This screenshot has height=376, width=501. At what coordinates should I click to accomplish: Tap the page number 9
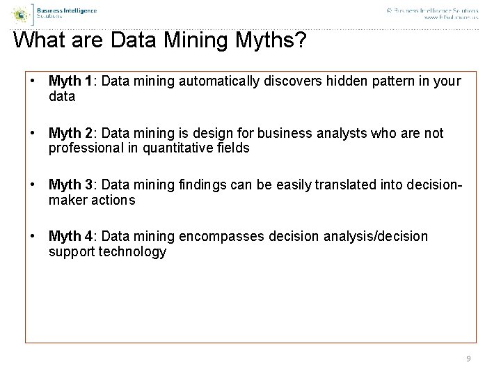468,359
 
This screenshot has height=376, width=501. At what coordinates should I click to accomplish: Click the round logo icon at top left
23,13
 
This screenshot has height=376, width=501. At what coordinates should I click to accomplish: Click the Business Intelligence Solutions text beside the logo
66,13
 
